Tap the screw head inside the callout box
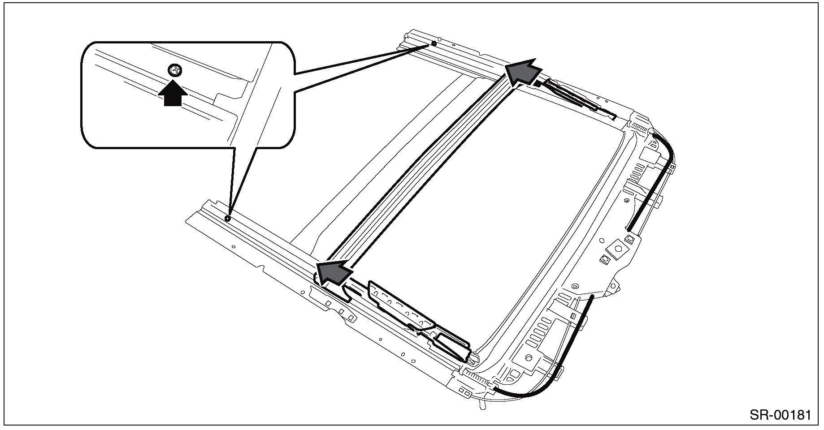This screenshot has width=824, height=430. click(175, 70)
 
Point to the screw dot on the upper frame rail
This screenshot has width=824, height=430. click(434, 44)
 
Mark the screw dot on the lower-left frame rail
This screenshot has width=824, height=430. click(228, 219)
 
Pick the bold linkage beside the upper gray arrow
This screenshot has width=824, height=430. click(569, 96)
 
